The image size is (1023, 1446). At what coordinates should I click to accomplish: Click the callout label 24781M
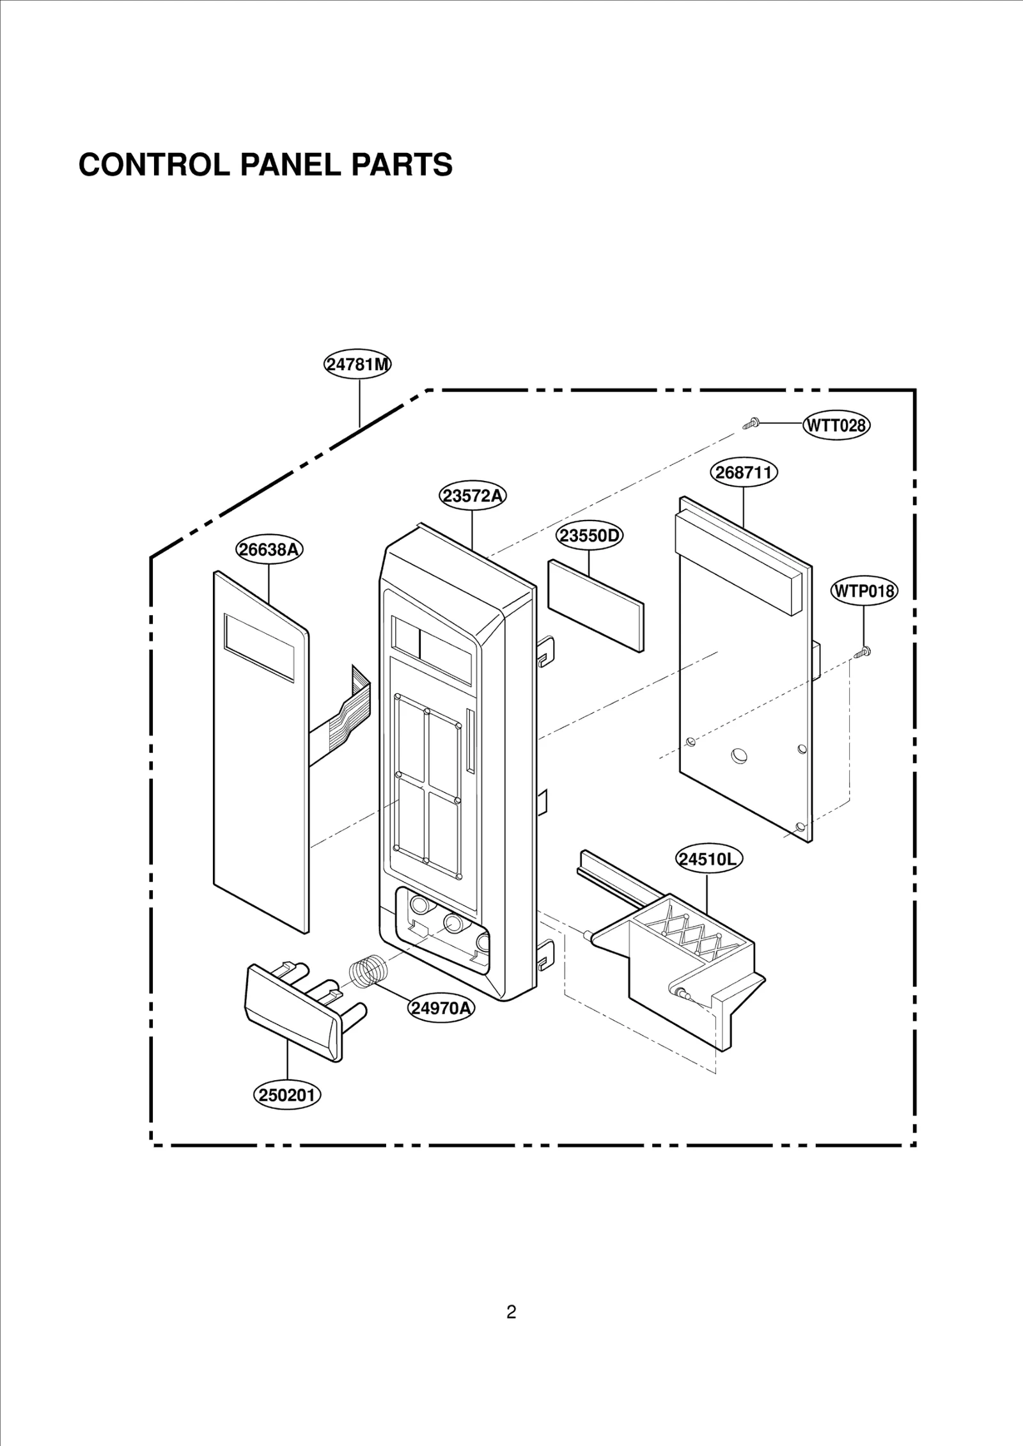click(357, 365)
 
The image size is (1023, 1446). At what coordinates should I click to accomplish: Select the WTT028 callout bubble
click(836, 425)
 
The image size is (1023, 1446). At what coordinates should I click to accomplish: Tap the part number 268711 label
click(744, 473)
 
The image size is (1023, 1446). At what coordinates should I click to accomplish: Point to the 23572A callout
click(472, 496)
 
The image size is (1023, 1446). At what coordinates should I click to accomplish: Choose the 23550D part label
click(590, 535)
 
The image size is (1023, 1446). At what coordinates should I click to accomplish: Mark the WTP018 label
click(864, 591)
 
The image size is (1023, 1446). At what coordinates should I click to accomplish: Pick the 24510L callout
click(707, 859)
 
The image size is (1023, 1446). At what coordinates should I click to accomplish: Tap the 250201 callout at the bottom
click(287, 1096)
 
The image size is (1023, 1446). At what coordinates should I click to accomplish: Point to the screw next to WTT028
click(751, 423)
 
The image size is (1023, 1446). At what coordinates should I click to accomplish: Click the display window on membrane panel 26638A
click(259, 647)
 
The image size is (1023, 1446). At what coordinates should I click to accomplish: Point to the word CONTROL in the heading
click(153, 165)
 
